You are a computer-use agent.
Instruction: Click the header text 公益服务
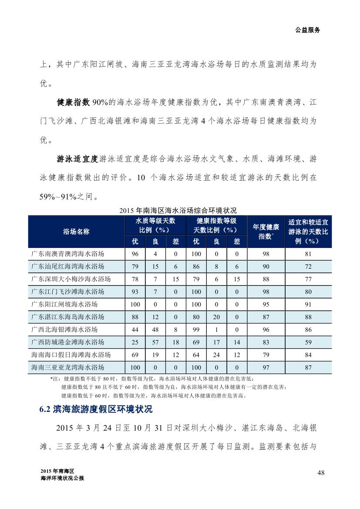308,30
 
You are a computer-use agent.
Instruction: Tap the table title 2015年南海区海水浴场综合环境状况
180,211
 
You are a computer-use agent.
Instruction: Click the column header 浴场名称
76,232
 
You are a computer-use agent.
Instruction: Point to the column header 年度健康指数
266,232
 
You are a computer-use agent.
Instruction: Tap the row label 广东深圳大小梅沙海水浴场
71,279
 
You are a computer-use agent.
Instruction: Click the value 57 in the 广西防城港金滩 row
155,343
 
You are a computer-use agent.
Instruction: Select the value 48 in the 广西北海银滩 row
155,330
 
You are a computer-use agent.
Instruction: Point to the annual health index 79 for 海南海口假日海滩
266,355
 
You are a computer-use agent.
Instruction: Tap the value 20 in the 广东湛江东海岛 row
216,317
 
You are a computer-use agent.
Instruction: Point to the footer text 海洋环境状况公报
62,478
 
